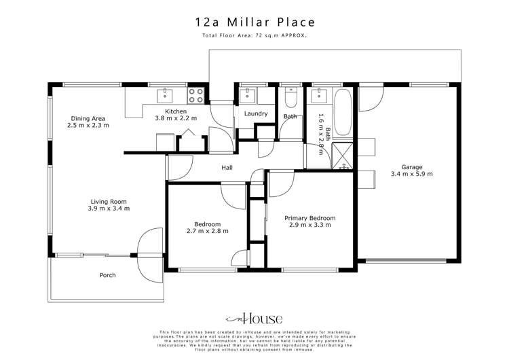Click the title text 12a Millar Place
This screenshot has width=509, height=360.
click(254, 22)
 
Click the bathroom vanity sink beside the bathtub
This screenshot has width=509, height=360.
click(318, 95)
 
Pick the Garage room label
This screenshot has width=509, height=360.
click(411, 166)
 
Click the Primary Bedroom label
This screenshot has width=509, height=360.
click(309, 218)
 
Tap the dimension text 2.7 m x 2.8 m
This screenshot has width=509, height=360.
click(207, 231)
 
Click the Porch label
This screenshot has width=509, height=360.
click(107, 275)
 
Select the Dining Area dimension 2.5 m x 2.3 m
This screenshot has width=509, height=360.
click(88, 126)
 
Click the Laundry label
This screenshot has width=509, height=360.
click(256, 113)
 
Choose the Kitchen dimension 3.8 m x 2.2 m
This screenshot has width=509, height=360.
click(176, 118)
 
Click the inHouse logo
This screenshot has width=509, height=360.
click(254, 319)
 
